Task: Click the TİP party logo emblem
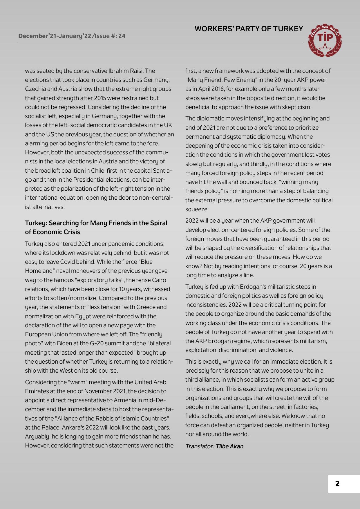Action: coord(326,40)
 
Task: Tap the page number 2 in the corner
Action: coord(337,484)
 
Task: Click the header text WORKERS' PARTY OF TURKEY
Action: coord(249,29)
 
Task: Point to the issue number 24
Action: coord(122,36)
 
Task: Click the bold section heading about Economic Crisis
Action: coord(96,228)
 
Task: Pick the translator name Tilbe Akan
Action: coord(229,446)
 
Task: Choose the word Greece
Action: coord(147,307)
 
